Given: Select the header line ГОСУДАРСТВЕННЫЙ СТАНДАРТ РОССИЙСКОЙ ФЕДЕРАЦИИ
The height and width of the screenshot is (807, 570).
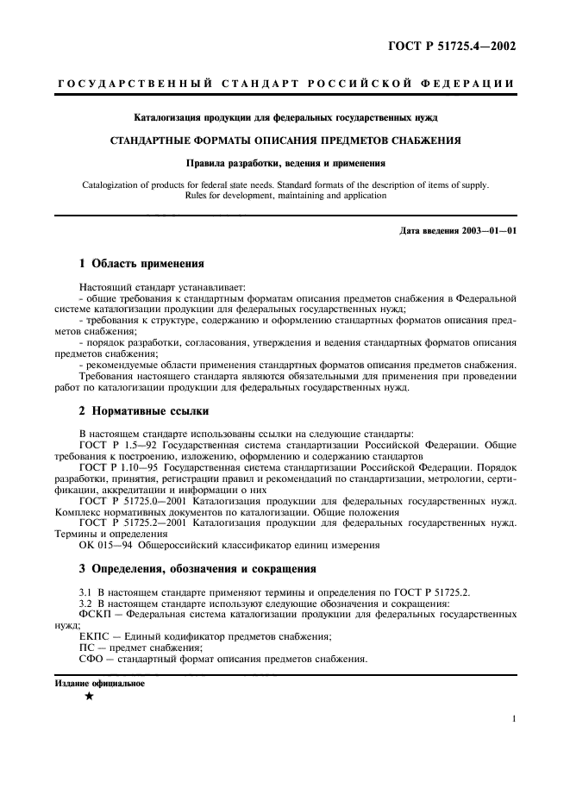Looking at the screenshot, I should (x=285, y=84).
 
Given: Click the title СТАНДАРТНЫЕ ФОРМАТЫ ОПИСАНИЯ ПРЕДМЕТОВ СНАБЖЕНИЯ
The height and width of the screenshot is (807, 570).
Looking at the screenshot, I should (x=285, y=139).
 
